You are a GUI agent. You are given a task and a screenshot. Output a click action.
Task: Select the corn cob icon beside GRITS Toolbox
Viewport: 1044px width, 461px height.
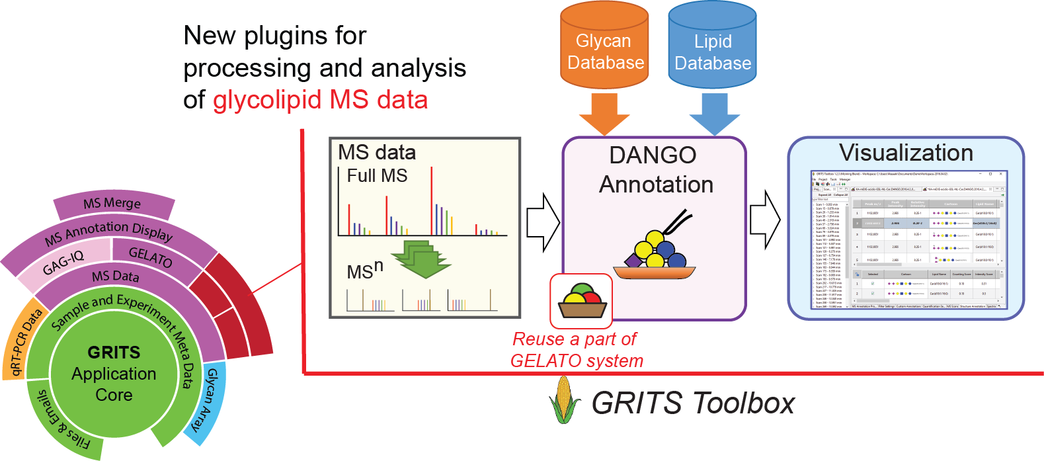(563, 399)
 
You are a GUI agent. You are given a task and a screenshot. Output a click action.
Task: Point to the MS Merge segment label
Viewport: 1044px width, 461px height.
(112, 204)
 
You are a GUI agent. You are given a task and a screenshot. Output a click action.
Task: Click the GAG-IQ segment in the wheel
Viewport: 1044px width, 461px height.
(63, 263)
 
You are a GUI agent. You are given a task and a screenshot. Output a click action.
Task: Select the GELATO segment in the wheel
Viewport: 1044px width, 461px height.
(150, 256)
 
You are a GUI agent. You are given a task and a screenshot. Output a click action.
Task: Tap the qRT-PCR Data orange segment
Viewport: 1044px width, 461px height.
(22, 341)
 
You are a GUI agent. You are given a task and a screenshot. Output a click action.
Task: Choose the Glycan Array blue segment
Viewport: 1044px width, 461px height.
(209, 401)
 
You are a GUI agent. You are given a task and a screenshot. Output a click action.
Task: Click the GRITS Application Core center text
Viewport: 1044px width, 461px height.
(114, 374)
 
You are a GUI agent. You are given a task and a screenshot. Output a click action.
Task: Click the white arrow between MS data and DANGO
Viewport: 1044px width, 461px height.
(543, 222)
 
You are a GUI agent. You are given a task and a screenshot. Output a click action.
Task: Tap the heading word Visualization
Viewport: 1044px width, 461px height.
(906, 153)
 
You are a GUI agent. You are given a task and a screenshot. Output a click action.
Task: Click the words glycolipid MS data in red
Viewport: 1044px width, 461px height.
(320, 100)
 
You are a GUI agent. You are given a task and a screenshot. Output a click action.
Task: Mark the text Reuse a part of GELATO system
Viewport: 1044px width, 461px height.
(576, 350)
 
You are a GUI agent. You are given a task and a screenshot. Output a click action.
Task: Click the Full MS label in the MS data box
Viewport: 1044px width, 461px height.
(377, 176)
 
